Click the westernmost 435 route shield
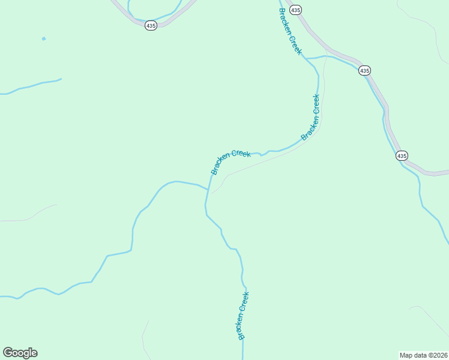pos(151,25)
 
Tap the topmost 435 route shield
pos(295,10)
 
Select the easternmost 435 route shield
pos(402,155)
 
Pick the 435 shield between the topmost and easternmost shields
pos(364,70)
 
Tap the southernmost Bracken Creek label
pos(242,316)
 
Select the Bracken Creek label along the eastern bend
pos(311,117)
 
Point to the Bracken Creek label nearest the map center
pos(231,162)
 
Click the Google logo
pos(20,353)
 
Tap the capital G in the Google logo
pos(7,352)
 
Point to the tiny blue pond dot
pos(43,39)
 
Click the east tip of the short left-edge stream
pos(61,79)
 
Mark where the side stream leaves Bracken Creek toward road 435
pos(307,58)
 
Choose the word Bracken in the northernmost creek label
pos(285,21)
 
